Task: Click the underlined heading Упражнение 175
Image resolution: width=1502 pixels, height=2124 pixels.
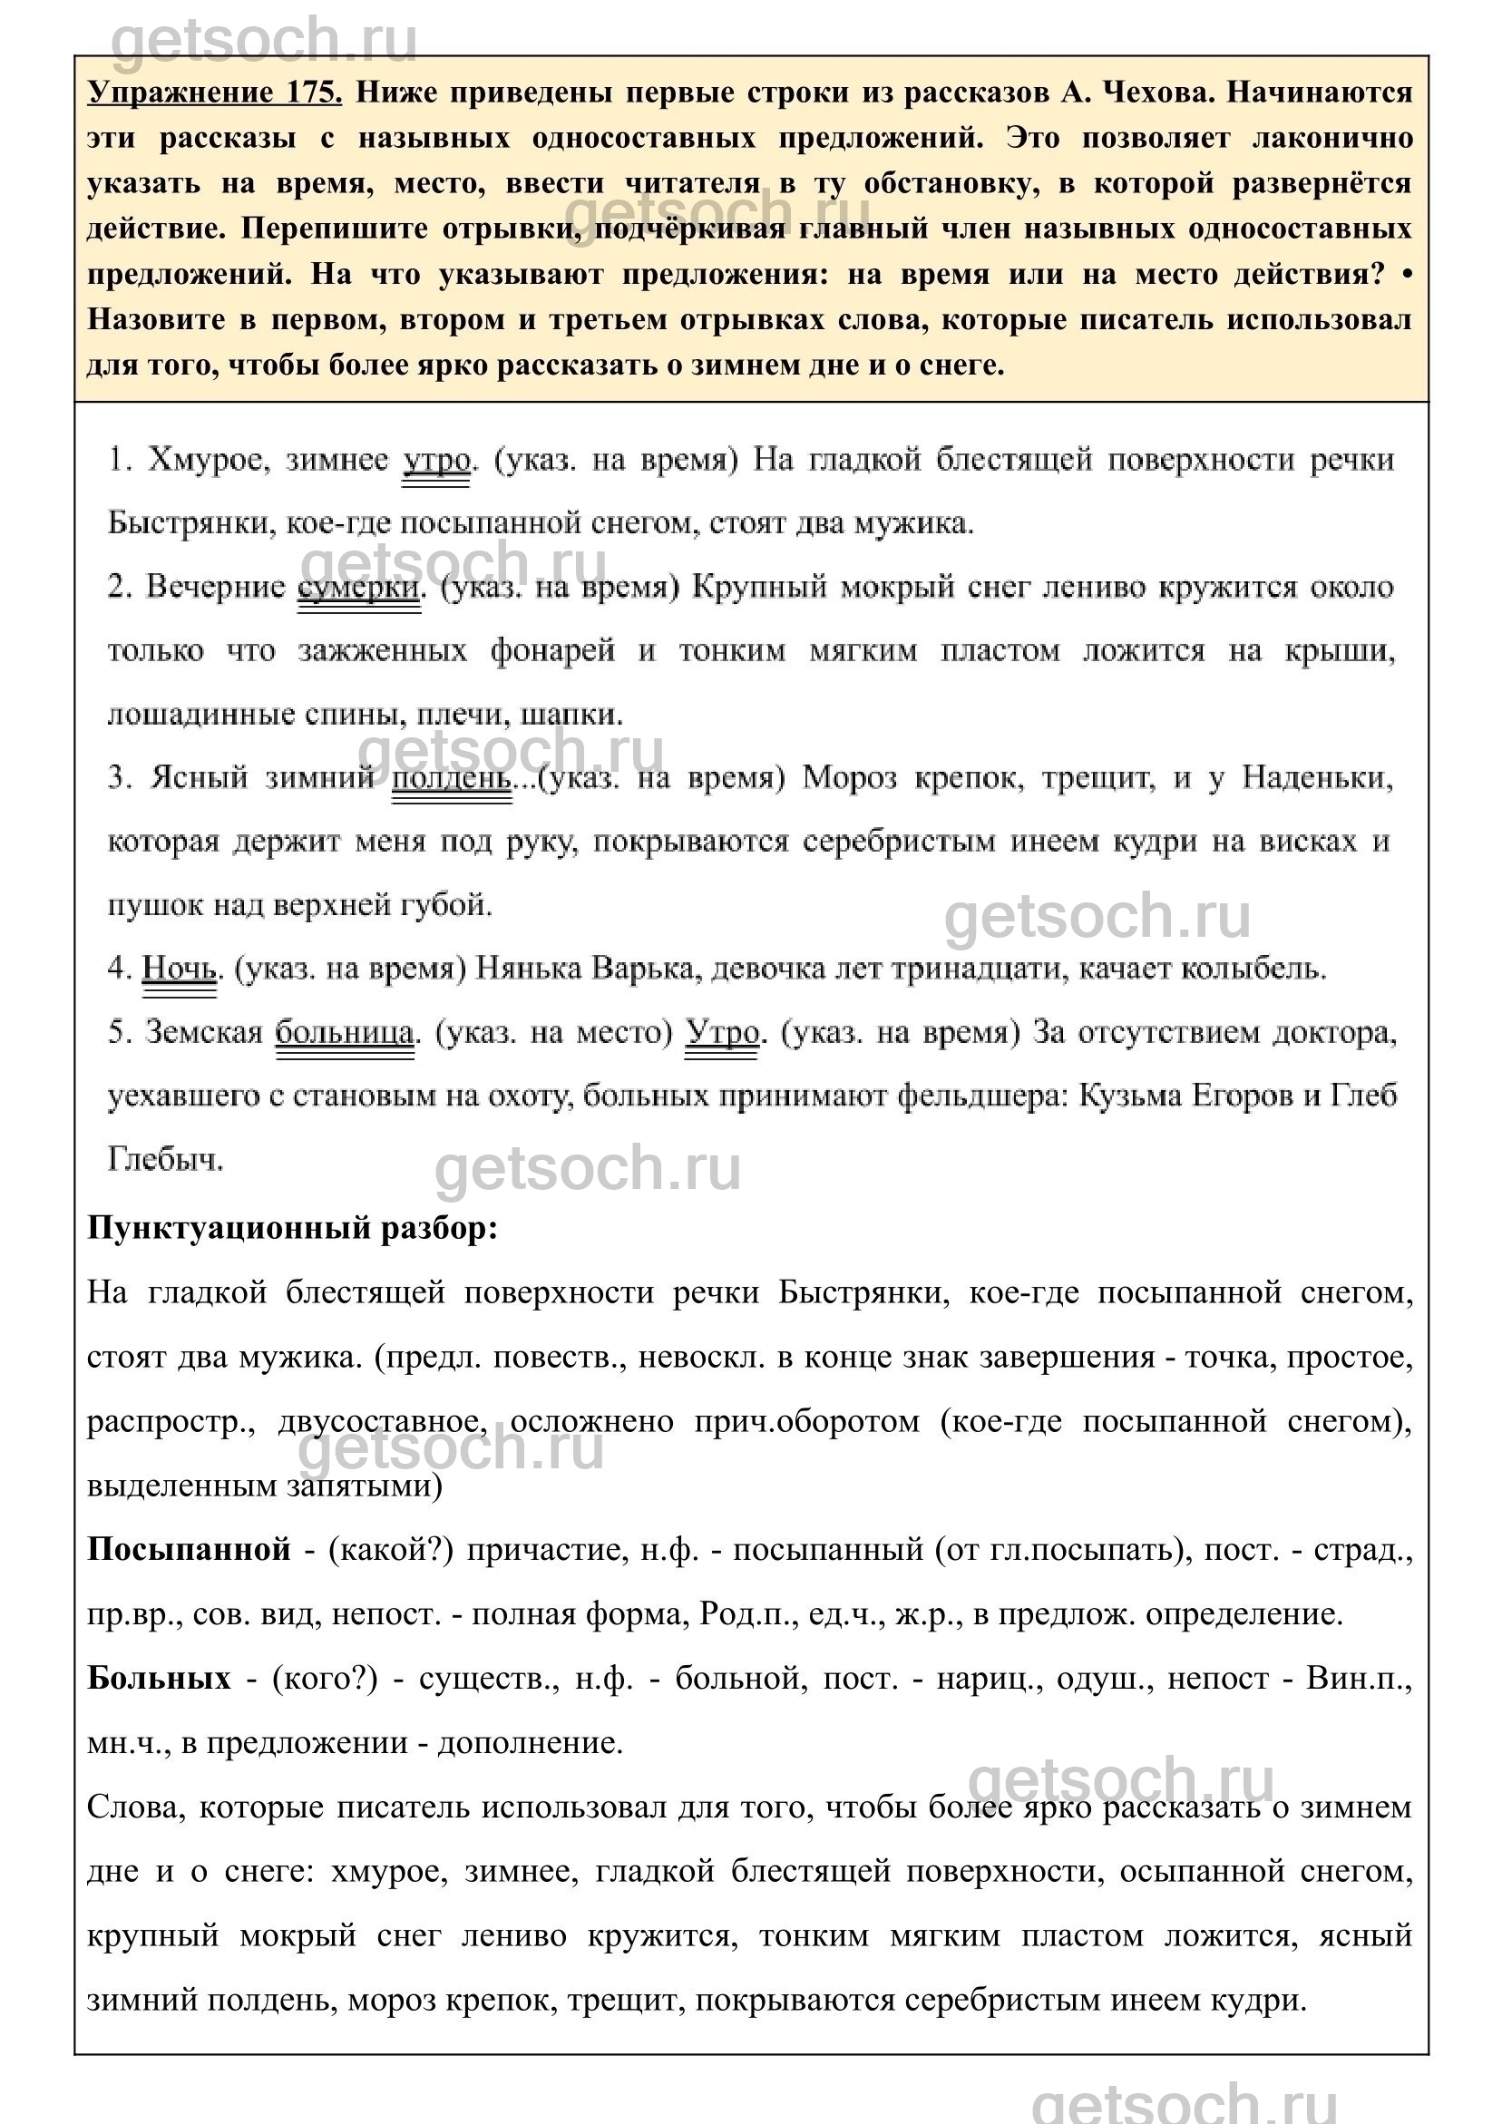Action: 215,93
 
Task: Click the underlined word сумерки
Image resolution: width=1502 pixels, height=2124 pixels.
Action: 359,588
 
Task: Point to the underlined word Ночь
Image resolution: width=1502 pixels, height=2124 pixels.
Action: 180,969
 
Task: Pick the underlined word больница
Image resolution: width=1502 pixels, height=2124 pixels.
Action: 346,1032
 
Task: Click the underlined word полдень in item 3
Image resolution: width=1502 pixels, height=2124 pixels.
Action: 452,778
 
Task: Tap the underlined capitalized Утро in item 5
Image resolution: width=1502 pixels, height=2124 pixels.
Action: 722,1032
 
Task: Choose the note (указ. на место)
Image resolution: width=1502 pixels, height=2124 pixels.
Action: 554,1032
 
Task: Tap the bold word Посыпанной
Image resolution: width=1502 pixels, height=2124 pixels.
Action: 189,1550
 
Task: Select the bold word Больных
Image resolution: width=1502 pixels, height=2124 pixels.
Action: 159,1678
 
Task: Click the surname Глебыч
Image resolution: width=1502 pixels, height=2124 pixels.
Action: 166,1159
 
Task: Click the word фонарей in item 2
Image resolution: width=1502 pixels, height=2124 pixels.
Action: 552,651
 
